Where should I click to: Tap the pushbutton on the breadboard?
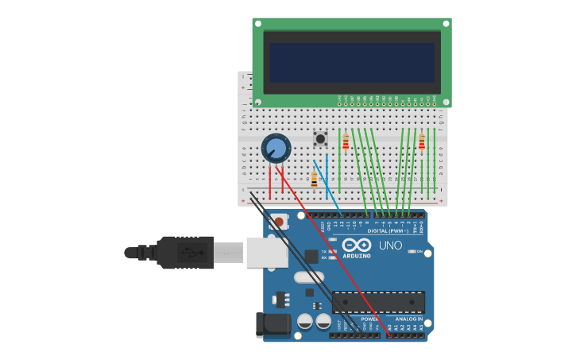320,139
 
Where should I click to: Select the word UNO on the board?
390,246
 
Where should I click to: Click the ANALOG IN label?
409,319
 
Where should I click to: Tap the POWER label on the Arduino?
369,319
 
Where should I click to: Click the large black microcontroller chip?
378,302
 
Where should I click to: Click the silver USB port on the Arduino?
266,251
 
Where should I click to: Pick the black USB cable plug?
185,253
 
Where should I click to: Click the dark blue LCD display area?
352,63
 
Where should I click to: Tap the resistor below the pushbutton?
314,180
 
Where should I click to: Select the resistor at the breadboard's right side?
422,142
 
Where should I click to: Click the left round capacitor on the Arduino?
305,321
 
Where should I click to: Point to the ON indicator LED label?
419,251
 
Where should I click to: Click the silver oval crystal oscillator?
309,277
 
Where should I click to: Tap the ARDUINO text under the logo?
357,256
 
